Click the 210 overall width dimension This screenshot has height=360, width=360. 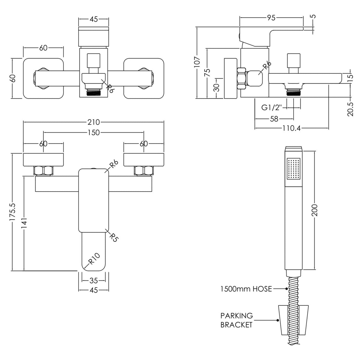pyautogui.click(x=93, y=122)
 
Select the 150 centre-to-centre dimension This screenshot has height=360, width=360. pyautogui.click(x=93, y=133)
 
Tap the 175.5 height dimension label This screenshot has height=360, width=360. pyautogui.click(x=12, y=212)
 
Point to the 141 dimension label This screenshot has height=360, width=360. pyautogui.click(x=24, y=223)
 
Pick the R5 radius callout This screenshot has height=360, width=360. pyautogui.click(x=114, y=237)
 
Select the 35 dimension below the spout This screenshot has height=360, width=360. pyautogui.click(x=93, y=280)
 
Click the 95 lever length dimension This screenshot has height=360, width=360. pyautogui.click(x=271, y=18)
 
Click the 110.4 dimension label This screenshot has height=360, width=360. pyautogui.click(x=291, y=128)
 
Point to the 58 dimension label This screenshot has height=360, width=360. pyautogui.click(x=275, y=119)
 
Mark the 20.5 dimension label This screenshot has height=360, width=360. pyautogui.click(x=351, y=109)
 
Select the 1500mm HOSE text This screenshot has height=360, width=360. pyautogui.click(x=246, y=289)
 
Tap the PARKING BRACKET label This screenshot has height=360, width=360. pyautogui.click(x=236, y=320)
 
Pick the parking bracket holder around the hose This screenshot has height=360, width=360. pyautogui.click(x=294, y=317)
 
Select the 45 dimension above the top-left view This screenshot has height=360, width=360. pyautogui.click(x=93, y=20)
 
